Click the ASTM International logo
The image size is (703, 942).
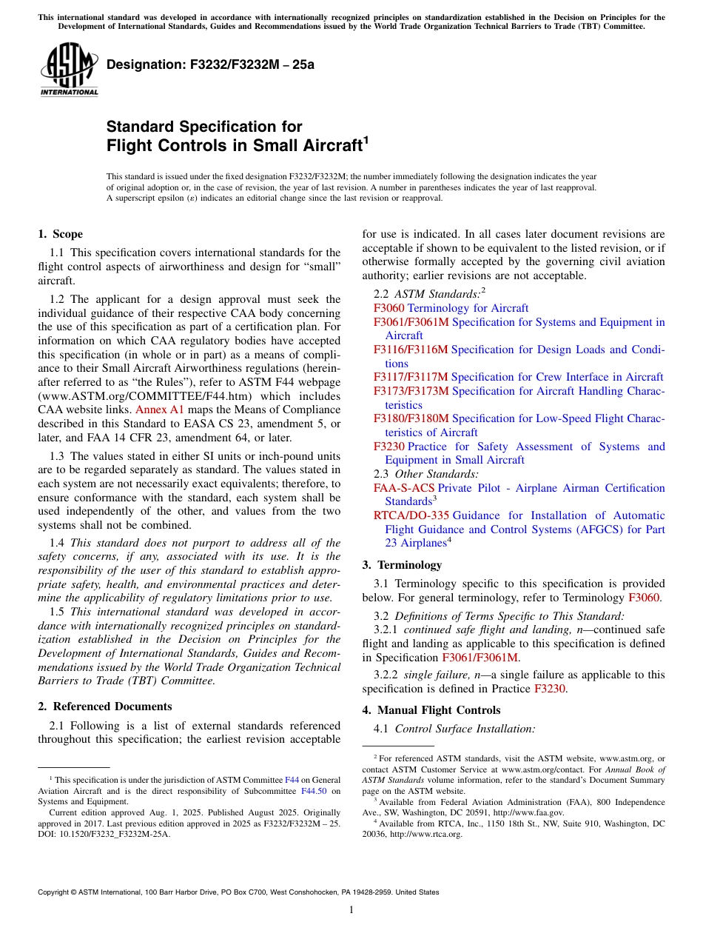(68, 70)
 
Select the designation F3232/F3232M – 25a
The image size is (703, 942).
(210, 64)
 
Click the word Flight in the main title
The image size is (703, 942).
(132, 145)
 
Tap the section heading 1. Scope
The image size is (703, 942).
(60, 234)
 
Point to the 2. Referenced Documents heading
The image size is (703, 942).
(104, 706)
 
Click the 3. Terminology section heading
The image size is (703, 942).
(402, 564)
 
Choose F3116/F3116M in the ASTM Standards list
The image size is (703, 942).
(411, 350)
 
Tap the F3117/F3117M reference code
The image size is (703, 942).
(411, 377)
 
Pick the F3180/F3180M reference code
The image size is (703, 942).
(411, 418)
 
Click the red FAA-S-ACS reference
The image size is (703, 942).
(404, 488)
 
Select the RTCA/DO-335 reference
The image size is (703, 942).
(411, 515)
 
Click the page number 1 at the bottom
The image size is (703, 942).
(351, 910)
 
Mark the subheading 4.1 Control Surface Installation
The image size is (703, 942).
(454, 729)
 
